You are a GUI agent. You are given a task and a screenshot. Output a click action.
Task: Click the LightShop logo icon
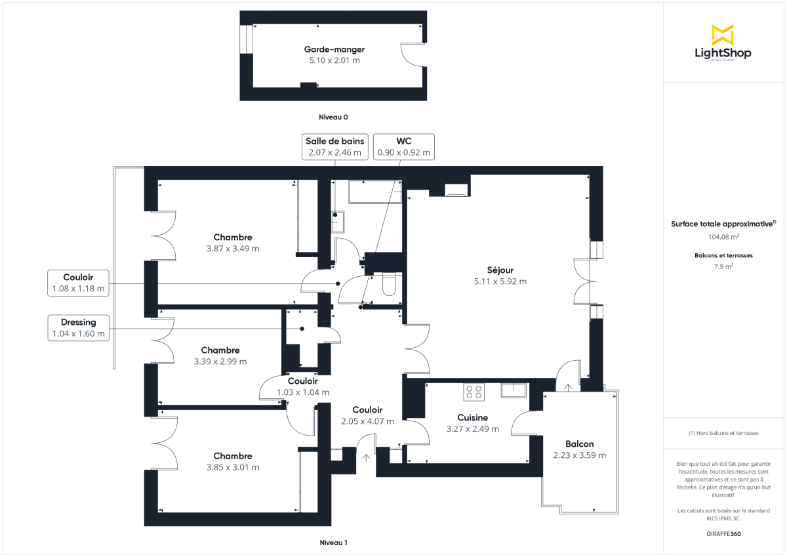coord(723,35)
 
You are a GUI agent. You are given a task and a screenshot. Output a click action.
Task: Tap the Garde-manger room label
coord(334,49)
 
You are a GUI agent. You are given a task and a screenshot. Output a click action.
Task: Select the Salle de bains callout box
coord(334,146)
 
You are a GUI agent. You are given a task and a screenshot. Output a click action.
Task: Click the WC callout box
coord(403,146)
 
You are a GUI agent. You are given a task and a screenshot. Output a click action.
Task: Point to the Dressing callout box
coord(79,328)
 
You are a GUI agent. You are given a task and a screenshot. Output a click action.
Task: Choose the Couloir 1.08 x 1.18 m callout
coord(79,282)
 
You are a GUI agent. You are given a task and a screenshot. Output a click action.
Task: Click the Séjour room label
coord(500,270)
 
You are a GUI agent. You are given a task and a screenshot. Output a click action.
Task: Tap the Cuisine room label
coord(472,417)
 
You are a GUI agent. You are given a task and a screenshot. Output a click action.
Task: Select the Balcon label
coord(579,444)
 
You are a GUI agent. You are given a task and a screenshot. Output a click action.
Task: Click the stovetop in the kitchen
coord(474,392)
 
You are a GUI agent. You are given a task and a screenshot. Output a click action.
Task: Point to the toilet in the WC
coord(389,285)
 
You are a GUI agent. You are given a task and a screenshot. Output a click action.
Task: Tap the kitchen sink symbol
coord(515,390)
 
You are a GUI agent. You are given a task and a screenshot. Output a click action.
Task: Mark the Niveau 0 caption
coord(333,117)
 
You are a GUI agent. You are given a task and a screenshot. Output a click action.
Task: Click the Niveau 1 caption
coord(333,543)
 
